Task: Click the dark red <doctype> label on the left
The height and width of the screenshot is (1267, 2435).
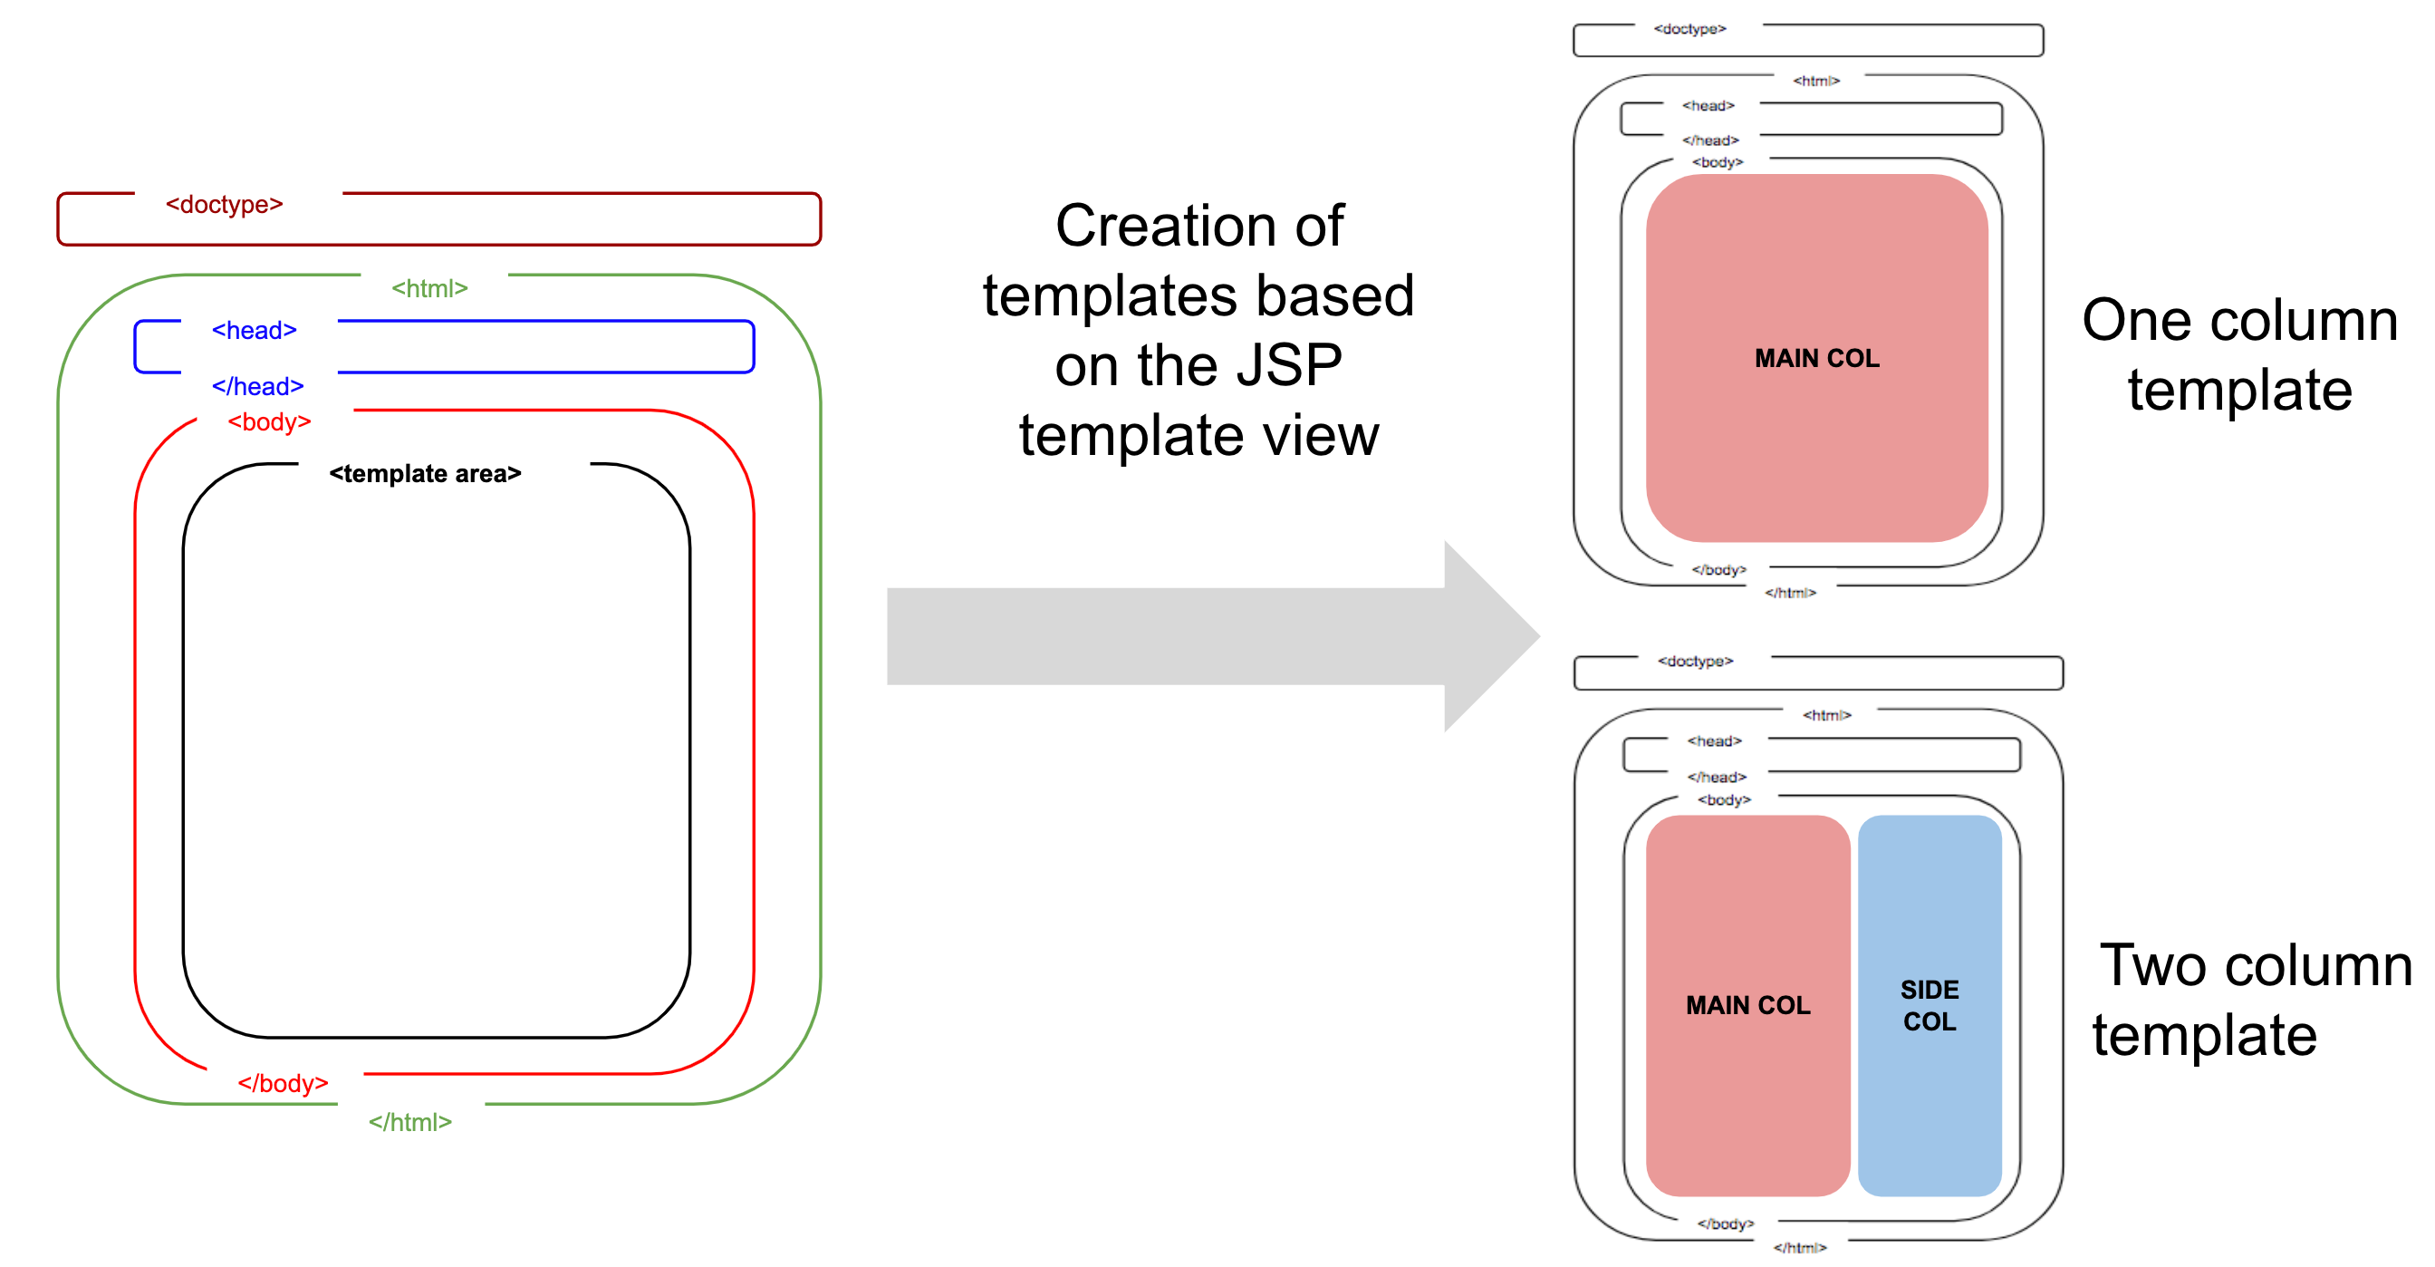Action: [x=224, y=204]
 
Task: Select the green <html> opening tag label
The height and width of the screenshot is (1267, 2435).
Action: [x=429, y=288]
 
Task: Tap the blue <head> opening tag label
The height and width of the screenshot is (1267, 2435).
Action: [x=254, y=330]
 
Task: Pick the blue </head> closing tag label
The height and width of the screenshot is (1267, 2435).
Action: [x=257, y=386]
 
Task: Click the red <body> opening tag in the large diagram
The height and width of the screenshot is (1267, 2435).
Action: [x=268, y=421]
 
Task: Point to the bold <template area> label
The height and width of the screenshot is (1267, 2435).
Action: [x=425, y=473]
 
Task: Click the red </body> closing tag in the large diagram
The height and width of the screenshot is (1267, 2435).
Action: [x=282, y=1083]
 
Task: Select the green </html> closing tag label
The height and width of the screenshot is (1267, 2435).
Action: [x=409, y=1121]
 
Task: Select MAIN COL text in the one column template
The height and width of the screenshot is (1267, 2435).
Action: [x=1816, y=358]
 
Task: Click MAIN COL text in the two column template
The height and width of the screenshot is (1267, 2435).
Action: [x=1747, y=1005]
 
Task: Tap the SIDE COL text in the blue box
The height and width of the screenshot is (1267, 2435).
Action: [x=1929, y=1005]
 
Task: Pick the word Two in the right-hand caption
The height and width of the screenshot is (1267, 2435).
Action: [x=2151, y=965]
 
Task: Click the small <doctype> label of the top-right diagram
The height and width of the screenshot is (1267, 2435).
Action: [x=1689, y=29]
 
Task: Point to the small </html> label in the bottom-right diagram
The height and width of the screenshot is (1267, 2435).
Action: [x=1799, y=1247]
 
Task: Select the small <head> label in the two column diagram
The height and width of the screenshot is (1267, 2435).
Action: [x=1714, y=740]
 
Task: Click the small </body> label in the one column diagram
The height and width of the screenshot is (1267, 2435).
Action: [x=1718, y=569]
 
